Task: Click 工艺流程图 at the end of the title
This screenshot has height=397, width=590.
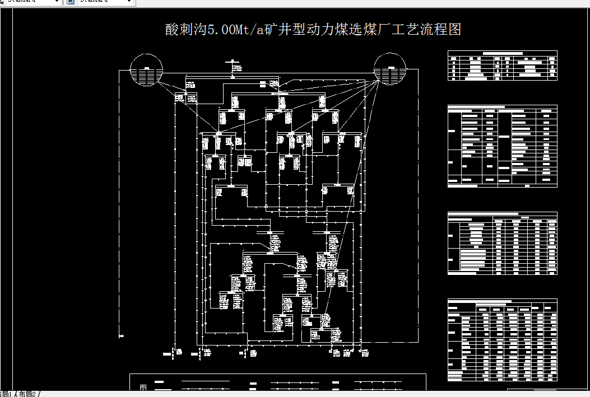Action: (x=427, y=30)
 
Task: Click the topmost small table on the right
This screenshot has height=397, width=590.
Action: (x=502, y=66)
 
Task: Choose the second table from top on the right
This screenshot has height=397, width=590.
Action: (x=502, y=146)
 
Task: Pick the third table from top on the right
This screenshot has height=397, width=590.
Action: (x=502, y=243)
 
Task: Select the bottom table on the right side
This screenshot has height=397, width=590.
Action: (x=502, y=340)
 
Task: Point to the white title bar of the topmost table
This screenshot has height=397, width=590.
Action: (x=502, y=53)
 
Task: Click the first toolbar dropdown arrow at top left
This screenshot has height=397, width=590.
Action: (x=57, y=2)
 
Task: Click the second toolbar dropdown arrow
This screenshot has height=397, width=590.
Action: (x=129, y=2)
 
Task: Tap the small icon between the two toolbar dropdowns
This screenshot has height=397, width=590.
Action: (x=71, y=2)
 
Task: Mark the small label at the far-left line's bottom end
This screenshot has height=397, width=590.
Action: (x=121, y=336)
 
